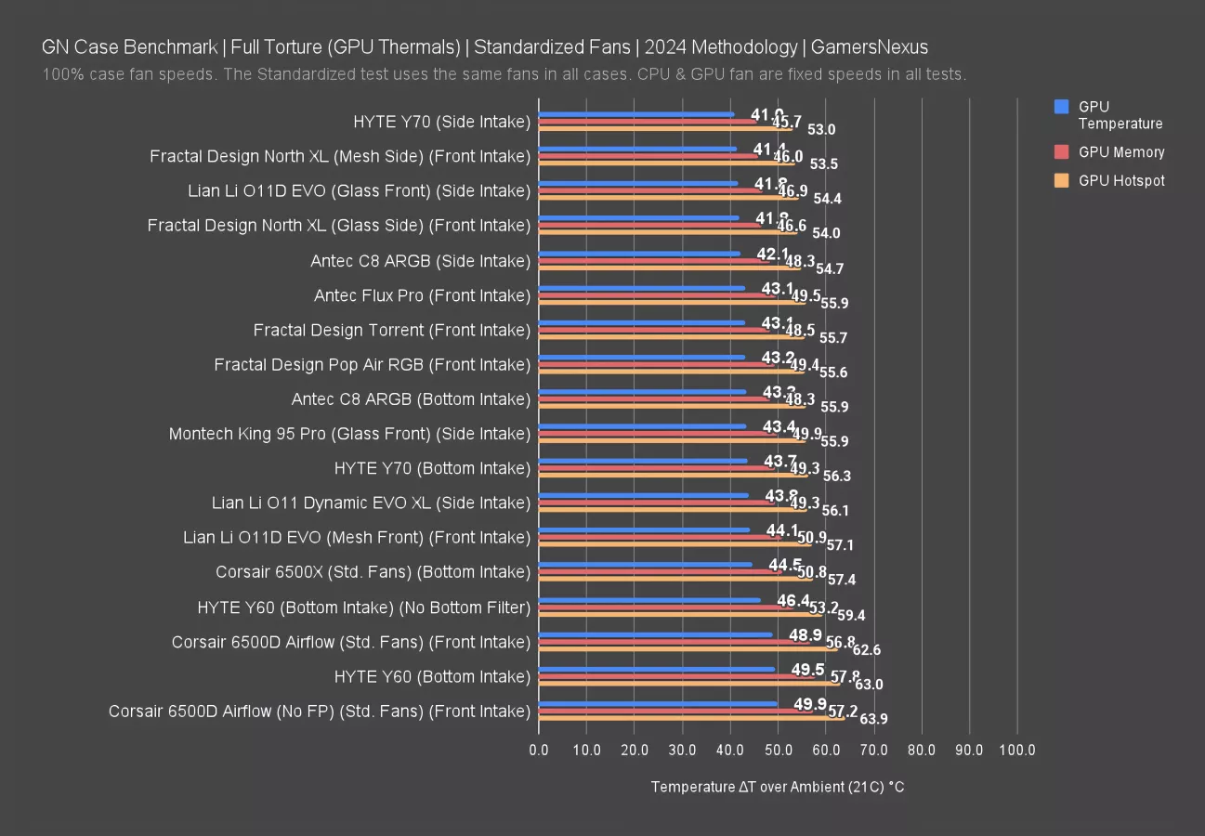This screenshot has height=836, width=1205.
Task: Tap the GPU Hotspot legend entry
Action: click(1120, 181)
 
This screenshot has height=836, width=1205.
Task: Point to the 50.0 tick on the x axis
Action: click(779, 750)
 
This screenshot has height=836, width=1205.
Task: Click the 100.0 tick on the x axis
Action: click(1016, 750)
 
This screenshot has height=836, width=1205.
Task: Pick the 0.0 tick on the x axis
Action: click(539, 750)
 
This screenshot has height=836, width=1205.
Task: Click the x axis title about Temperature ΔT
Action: click(778, 787)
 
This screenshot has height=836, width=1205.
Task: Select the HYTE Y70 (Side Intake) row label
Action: click(441, 122)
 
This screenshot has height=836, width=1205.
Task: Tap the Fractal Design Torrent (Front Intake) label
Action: click(391, 330)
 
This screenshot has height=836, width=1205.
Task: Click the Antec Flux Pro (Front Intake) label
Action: click(422, 295)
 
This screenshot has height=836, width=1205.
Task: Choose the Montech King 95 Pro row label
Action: click(349, 434)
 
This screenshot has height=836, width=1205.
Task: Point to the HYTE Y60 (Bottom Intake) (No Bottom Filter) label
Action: click(363, 607)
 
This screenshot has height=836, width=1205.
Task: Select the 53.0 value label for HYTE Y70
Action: click(821, 130)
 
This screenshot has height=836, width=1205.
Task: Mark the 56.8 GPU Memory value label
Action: click(840, 642)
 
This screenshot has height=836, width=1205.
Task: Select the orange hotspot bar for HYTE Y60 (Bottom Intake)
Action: click(688, 684)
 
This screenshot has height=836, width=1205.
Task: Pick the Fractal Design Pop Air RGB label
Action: click(372, 365)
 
